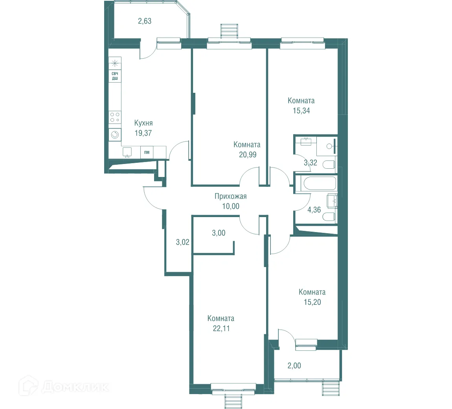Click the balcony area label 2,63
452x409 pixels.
pyautogui.click(x=145, y=21)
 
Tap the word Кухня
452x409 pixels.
pyautogui.click(x=143, y=123)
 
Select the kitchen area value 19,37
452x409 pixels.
pyautogui.click(x=143, y=133)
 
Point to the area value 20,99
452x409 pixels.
pyautogui.click(x=248, y=155)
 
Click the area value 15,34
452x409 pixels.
pyautogui.click(x=301, y=111)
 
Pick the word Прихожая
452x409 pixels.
pyautogui.click(x=231, y=196)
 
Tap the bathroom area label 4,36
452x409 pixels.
pyautogui.click(x=314, y=210)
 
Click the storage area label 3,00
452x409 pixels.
pyautogui.click(x=219, y=233)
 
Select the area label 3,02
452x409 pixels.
pyautogui.click(x=183, y=242)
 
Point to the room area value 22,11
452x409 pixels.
pyautogui.click(x=221, y=328)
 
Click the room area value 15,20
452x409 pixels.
pyautogui.click(x=312, y=302)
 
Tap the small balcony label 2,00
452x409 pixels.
pyautogui.click(x=294, y=366)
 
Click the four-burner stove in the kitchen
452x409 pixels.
pyautogui.click(x=115, y=118)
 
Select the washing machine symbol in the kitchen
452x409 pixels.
pyautogui.click(x=115, y=135)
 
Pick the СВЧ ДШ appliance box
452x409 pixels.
pyautogui.click(x=115, y=76)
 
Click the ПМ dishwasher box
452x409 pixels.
pyautogui.click(x=147, y=152)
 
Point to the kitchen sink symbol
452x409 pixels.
pyautogui.click(x=127, y=152)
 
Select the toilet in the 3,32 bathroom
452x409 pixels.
pyautogui.click(x=329, y=164)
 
